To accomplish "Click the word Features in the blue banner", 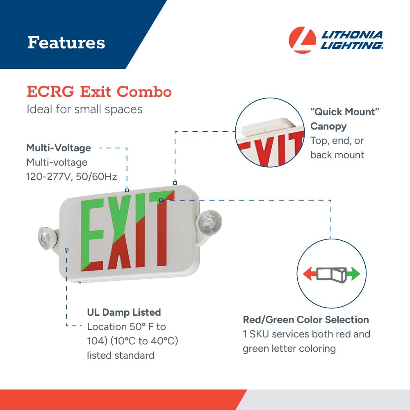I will coord(66,43).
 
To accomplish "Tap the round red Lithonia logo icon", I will coord(302,40).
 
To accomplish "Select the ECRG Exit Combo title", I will coord(99,92).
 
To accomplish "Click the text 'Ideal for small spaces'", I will coord(84,109).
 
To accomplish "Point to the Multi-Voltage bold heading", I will coord(59,148).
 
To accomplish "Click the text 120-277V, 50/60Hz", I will coord(72,177).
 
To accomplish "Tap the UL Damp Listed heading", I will coord(124,312).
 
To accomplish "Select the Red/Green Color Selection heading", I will coord(306,320).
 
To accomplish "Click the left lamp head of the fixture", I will coord(44,238).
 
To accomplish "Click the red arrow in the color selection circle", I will coord(309,274).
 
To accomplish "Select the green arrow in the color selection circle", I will coord(353,274).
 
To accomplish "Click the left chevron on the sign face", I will coord(72,237).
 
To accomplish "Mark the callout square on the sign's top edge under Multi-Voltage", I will coord(127,190).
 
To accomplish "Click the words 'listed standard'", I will coord(121,355).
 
